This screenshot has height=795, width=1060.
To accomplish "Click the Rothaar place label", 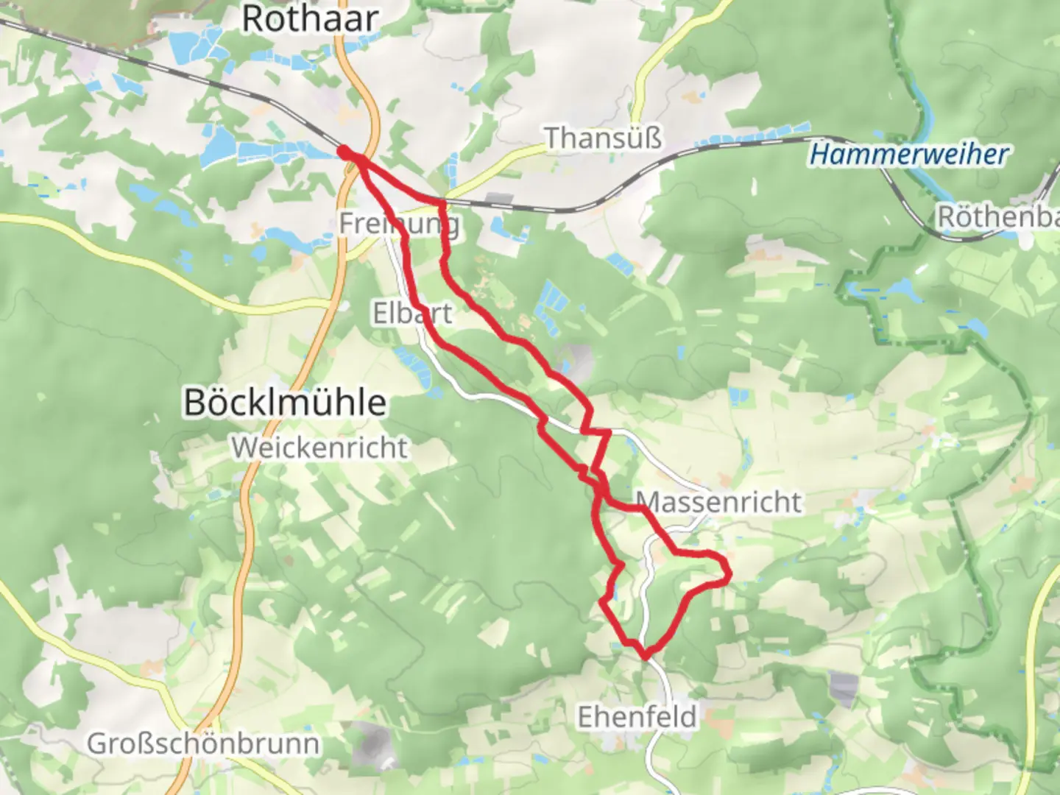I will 310,18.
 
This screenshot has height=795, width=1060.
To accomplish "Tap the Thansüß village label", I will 603,138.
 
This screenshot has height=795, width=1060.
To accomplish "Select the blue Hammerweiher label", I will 908,155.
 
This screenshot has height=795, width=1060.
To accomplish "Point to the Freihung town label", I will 400,223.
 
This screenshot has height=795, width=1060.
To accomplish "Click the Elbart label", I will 412,313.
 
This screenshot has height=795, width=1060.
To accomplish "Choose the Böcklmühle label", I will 284,403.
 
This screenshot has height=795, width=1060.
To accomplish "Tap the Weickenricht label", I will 319,448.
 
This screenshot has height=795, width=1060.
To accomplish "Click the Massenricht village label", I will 718,502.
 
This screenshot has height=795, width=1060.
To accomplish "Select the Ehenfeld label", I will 637,716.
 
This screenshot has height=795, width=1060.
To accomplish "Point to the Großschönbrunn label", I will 203,743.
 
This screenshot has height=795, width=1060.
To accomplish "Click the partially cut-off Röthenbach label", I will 997,217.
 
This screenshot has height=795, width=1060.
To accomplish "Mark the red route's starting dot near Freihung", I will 344,152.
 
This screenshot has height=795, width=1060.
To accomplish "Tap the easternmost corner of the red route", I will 729,573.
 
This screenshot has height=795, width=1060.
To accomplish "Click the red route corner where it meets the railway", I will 443,201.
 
